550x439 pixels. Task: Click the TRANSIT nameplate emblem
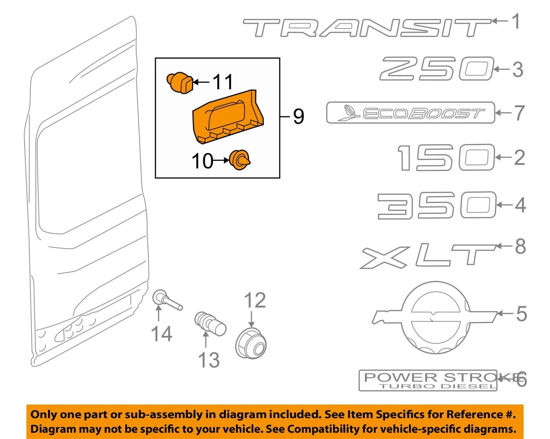[x=367, y=28]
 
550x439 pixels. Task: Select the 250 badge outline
[x=436, y=69]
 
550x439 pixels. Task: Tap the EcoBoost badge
[x=410, y=113]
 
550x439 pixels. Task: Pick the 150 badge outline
[x=446, y=157]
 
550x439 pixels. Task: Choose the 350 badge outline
[x=437, y=205]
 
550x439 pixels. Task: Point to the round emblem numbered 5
[x=435, y=318]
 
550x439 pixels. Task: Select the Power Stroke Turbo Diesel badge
[x=428, y=381]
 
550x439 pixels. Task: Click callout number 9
[x=298, y=116]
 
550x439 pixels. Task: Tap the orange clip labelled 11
[x=180, y=83]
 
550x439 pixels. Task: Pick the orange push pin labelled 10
[x=239, y=160]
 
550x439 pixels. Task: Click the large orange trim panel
[x=228, y=117]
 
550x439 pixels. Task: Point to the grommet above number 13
[x=210, y=324]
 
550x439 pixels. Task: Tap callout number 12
[x=255, y=300]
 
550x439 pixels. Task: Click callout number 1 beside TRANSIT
[x=516, y=21]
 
